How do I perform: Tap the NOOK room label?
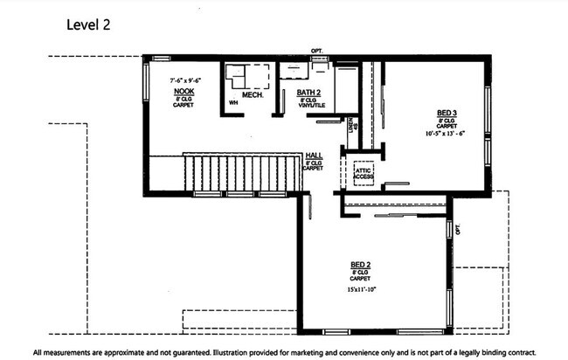(184, 92)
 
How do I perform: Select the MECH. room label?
(240, 93)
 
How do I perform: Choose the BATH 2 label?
(308, 92)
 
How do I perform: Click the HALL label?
(314, 155)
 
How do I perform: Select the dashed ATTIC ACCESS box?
(364, 171)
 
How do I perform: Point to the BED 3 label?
(447, 113)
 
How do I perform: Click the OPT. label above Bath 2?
(316, 52)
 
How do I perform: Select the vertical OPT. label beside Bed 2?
(457, 231)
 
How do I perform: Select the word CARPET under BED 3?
(447, 127)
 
